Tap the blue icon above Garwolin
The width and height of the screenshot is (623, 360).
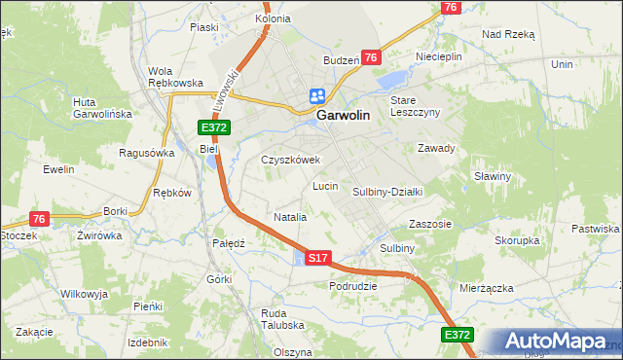point(317,95)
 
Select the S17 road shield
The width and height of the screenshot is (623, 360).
point(318,258)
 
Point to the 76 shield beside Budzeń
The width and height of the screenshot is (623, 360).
point(370,58)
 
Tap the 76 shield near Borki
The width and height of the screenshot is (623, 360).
point(39,219)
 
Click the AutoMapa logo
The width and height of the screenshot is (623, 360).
point(552,342)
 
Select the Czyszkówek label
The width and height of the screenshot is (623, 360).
point(290,160)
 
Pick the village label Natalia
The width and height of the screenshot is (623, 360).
point(290,217)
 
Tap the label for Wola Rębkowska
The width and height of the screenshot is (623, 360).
point(174,77)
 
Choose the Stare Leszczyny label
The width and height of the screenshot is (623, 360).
point(416,106)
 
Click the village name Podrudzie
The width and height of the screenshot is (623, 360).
point(352,286)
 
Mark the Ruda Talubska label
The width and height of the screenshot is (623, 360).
point(283,319)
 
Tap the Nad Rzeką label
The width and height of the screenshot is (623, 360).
point(508,33)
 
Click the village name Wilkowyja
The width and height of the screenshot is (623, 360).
point(84,293)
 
